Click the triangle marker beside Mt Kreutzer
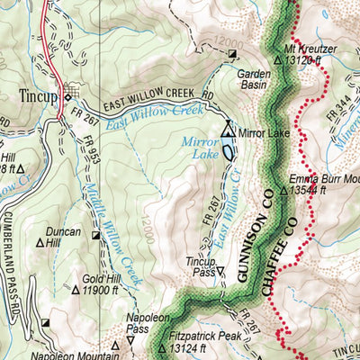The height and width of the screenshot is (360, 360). pos(278,60)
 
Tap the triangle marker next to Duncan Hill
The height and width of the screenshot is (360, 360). pos(39,241)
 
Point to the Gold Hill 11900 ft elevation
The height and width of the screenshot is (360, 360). pos(107,290)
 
